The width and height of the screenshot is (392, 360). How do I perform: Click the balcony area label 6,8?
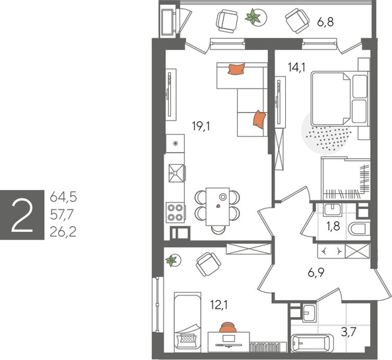pyautogui.click(x=326, y=22)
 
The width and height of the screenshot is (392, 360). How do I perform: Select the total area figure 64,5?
pyautogui.click(x=64, y=196)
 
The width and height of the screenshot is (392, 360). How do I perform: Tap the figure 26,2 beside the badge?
pyautogui.click(x=64, y=230)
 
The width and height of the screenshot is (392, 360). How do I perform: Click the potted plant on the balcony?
pyautogui.click(x=252, y=18)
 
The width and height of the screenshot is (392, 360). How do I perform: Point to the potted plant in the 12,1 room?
pyautogui.click(x=173, y=260)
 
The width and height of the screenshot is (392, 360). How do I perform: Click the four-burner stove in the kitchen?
pyautogui.click(x=175, y=212)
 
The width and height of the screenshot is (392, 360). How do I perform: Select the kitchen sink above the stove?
pyautogui.click(x=176, y=173)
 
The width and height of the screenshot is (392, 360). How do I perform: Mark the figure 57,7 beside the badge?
pyautogui.click(x=64, y=213)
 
